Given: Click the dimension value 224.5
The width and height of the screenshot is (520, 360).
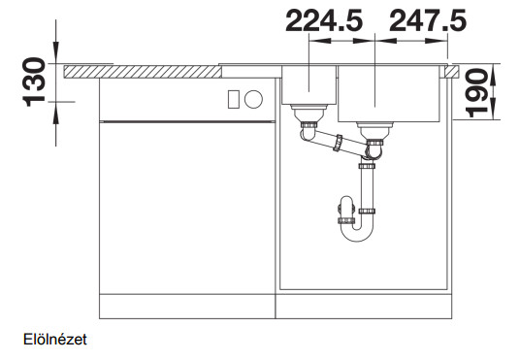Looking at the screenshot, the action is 324,20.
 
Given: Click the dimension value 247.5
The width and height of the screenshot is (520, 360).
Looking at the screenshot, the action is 428,20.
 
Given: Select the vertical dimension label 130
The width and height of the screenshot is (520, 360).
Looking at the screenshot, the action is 34,82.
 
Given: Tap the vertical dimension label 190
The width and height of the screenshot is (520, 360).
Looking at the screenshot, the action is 477,93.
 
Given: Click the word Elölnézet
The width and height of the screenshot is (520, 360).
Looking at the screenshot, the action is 55,340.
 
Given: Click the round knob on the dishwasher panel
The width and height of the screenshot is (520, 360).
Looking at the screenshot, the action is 253,99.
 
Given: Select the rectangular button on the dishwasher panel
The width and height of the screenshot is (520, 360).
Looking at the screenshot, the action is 233,99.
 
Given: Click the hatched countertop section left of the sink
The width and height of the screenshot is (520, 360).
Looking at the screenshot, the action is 143,72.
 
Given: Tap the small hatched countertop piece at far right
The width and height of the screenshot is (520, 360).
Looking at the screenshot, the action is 453,72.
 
